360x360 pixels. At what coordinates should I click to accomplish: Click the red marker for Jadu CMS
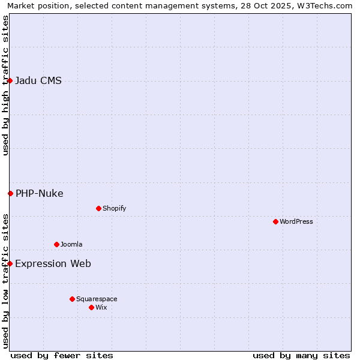coord(10,80)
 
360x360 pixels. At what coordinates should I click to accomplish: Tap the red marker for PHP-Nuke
coord(10,193)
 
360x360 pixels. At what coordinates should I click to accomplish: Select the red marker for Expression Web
coord(10,263)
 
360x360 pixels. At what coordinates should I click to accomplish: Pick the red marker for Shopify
coord(98,208)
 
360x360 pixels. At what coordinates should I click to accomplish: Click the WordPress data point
coord(275,221)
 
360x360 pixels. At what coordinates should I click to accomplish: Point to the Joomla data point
coord(56,244)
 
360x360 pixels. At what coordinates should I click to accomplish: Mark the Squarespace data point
coord(72,299)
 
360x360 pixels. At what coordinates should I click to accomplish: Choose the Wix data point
coord(91,307)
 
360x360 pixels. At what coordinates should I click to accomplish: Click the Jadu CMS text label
coord(38,81)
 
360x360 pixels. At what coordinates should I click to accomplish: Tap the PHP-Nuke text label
coord(40,193)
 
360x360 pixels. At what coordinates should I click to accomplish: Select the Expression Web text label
coord(53,263)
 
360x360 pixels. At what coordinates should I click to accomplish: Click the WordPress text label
coord(296,221)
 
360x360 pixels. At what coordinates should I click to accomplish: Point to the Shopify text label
coord(115,208)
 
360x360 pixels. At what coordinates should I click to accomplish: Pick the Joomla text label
coord(71,244)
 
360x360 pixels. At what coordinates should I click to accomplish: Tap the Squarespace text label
coord(97,299)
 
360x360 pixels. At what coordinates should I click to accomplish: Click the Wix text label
coord(101,307)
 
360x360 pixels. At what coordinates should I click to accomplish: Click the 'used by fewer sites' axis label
coord(62,355)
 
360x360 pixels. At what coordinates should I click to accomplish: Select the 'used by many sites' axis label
coord(301,355)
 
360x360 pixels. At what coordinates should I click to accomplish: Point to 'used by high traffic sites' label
coord(5,85)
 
